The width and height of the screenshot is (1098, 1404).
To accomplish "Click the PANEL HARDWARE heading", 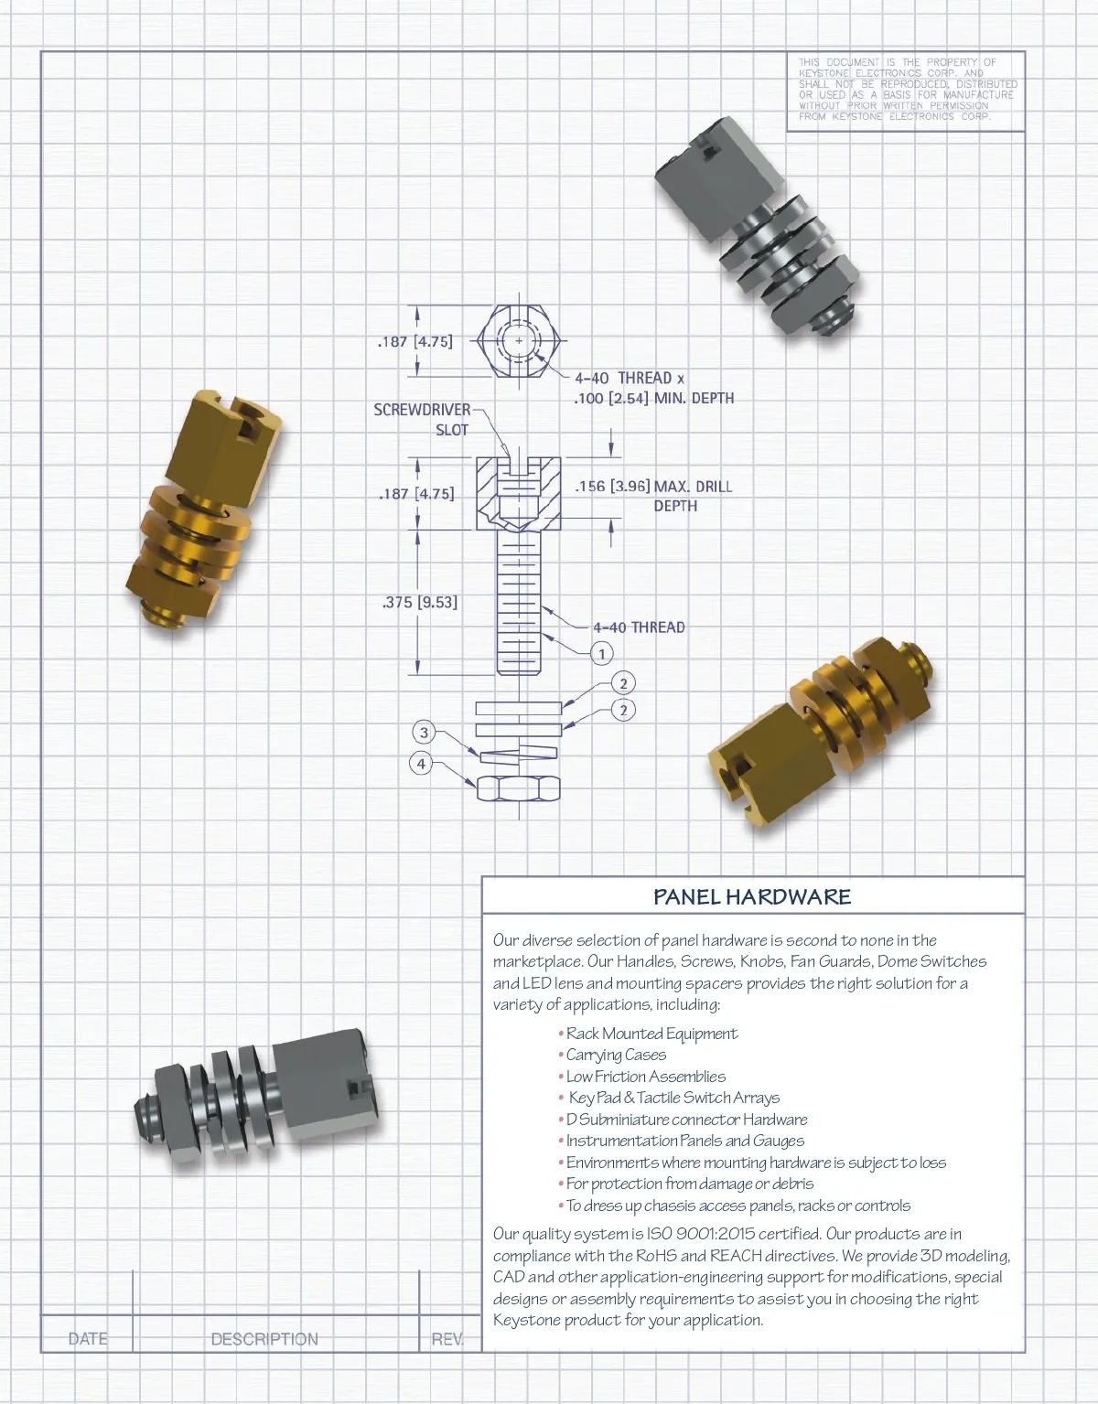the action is click(751, 896).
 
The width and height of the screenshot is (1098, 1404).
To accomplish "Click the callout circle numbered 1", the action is click(602, 654).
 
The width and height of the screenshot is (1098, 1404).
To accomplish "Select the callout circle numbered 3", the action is click(424, 732).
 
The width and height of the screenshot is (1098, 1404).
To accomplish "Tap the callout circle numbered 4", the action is click(422, 764).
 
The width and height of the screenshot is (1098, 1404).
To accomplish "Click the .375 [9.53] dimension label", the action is click(419, 602).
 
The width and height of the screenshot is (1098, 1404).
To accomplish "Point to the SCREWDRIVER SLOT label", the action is click(422, 419).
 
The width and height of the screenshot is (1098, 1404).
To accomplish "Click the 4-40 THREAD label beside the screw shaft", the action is click(640, 627).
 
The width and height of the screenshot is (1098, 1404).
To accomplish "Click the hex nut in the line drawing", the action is click(518, 789).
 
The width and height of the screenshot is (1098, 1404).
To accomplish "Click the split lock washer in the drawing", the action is click(518, 752).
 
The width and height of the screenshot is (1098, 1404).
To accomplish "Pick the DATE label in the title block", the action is click(88, 1339).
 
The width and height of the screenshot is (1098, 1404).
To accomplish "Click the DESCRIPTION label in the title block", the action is click(264, 1339).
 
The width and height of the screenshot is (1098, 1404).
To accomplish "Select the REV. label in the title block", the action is click(447, 1339).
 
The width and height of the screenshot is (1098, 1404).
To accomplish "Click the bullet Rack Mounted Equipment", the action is click(648, 1034).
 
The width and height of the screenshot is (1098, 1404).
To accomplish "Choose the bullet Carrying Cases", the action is click(612, 1056).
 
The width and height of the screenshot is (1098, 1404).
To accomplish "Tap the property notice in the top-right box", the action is click(907, 89).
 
